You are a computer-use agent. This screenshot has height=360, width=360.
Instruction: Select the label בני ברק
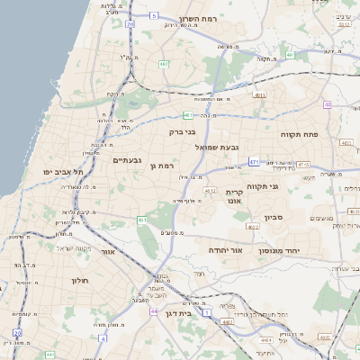(x=182, y=132)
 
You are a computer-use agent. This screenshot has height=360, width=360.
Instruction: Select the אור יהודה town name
(x=221, y=249)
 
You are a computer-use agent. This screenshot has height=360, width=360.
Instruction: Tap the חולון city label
(x=78, y=281)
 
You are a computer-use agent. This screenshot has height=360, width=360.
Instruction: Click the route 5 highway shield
(x=154, y=15)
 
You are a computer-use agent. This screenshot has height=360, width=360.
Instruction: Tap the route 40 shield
(x=328, y=104)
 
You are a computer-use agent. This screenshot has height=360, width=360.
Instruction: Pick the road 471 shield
(x=255, y=162)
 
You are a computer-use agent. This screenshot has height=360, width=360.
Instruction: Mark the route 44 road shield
(x=155, y=311)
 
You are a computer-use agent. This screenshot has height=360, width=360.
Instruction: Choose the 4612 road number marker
(x=211, y=191)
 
